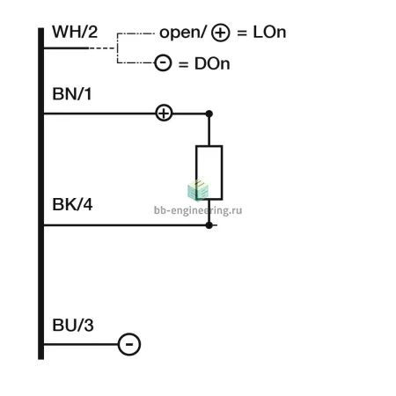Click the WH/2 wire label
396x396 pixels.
tap(75, 32)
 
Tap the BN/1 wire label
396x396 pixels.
tap(72, 94)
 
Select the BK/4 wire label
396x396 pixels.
tap(72, 204)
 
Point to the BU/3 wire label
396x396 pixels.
tap(73, 325)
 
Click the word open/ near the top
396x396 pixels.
tap(183, 33)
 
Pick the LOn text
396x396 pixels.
tap(269, 32)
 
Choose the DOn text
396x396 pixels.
tap(212, 63)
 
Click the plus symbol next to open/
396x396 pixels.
tap(221, 33)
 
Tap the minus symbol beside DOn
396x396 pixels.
tap(163, 62)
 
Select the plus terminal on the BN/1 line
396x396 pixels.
tap(164, 114)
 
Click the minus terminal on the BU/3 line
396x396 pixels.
tap(129, 344)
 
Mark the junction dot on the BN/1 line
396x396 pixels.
tap(209, 114)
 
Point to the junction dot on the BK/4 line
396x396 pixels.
tap(209, 225)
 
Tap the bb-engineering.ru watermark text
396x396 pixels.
tap(198, 210)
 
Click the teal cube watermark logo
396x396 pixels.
tap(198, 191)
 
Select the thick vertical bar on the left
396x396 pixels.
tap(40, 194)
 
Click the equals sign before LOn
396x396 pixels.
tap(242, 33)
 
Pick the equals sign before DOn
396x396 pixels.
tap(183, 64)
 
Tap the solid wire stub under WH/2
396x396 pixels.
tap(66, 48)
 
